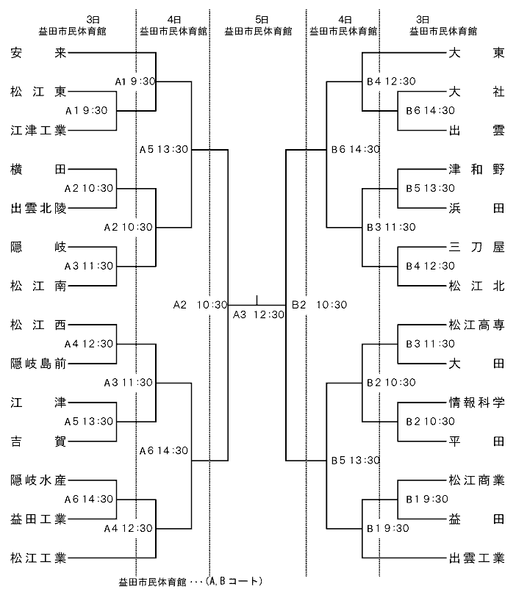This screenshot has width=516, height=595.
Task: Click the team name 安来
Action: point(38,53)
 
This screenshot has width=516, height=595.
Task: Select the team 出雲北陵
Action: point(38,209)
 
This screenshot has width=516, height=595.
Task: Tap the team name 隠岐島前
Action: point(38,364)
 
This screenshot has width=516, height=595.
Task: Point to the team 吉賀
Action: point(38,441)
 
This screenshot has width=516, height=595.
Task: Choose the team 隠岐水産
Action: point(38,480)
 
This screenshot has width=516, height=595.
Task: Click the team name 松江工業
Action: point(38,558)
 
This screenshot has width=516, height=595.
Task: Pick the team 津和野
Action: point(476,169)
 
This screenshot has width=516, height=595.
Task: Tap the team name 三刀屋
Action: point(476,247)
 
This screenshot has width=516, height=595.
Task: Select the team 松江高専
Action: point(476,325)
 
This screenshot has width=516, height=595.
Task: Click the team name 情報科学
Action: point(476,403)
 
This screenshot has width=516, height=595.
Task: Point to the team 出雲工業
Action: point(476,558)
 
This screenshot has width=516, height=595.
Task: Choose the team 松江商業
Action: point(476,480)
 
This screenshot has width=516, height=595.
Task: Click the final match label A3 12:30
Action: point(259,314)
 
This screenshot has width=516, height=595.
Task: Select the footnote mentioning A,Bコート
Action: point(190,582)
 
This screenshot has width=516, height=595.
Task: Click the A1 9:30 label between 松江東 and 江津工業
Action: point(87,110)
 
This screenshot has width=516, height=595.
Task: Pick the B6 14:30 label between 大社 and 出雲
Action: point(430,110)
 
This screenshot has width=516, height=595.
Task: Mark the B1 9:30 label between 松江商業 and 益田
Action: point(427,499)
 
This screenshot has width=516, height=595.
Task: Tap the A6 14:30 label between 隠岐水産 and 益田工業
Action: point(89,499)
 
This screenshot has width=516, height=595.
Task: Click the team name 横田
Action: point(38,169)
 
